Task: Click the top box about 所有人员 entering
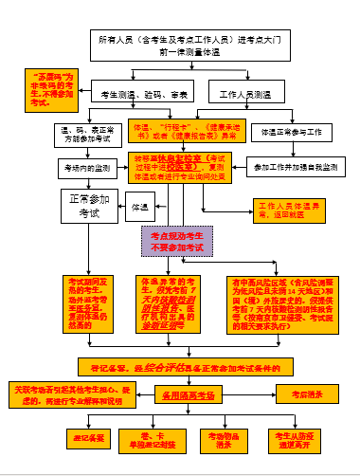(189, 44)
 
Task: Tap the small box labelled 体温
(140, 205)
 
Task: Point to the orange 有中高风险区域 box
(276, 302)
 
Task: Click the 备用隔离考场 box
(189, 393)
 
